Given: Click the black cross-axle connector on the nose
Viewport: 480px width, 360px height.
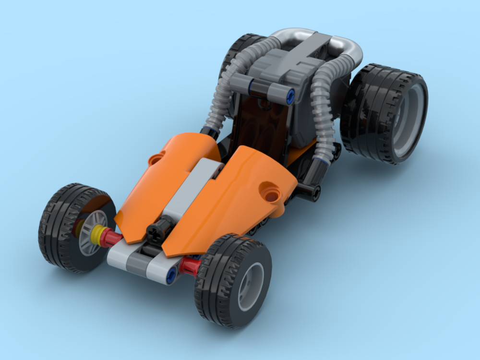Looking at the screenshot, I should tap(157, 229).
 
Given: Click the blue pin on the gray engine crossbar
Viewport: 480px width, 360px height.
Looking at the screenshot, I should tap(289, 96).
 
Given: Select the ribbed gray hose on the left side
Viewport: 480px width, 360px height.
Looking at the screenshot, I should tap(226, 91).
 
